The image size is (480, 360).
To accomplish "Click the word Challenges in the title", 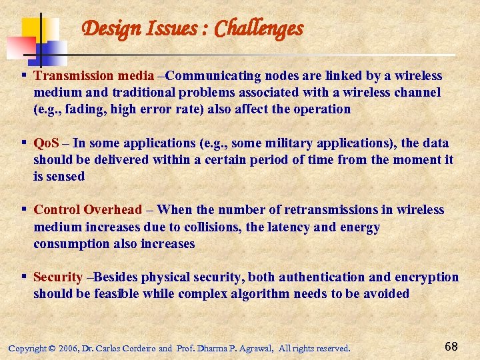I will tap(259, 29).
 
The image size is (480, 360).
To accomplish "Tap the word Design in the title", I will tap(106, 29).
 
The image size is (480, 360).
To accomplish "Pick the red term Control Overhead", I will tap(88, 210).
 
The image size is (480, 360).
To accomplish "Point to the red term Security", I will tap(58, 277).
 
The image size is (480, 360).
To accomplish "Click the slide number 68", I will tap(451, 347).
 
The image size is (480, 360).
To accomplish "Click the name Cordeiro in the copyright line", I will tap(136, 348).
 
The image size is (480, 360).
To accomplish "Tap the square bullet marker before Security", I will tap(24, 277).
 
